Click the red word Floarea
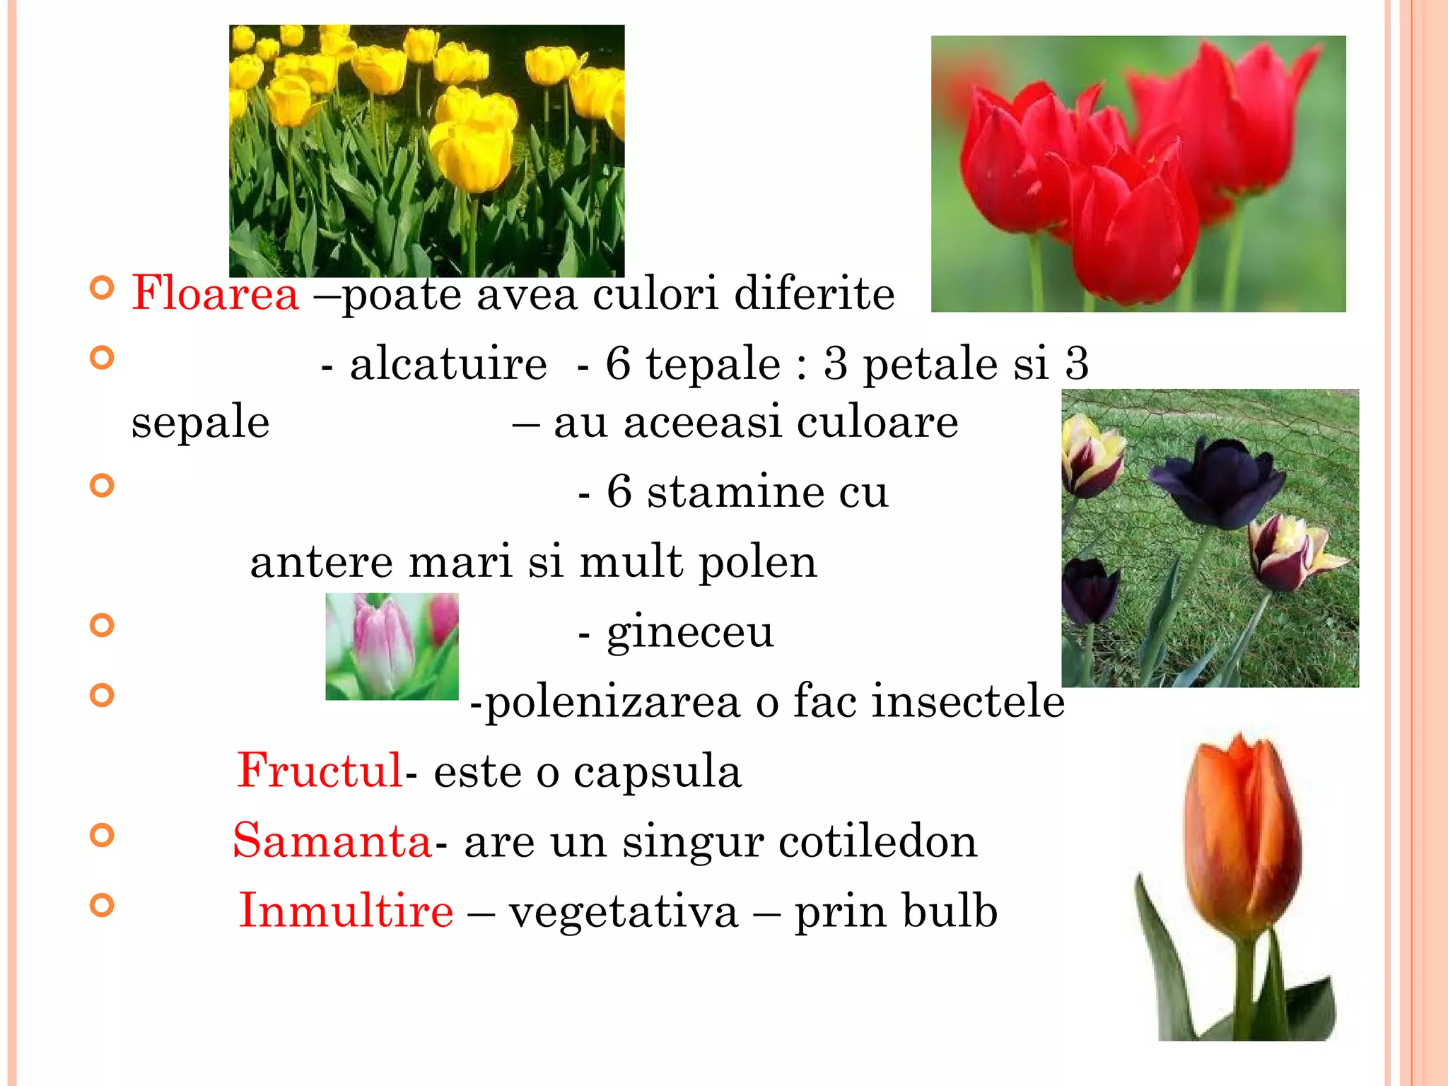[x=215, y=293]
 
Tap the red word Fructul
[x=320, y=770]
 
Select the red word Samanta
[x=332, y=841]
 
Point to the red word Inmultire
[x=346, y=910]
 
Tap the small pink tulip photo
[x=392, y=646]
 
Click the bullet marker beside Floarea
[x=103, y=288]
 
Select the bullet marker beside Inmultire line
[x=103, y=905]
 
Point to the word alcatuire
[x=448, y=364]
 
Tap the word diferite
[x=814, y=293]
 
